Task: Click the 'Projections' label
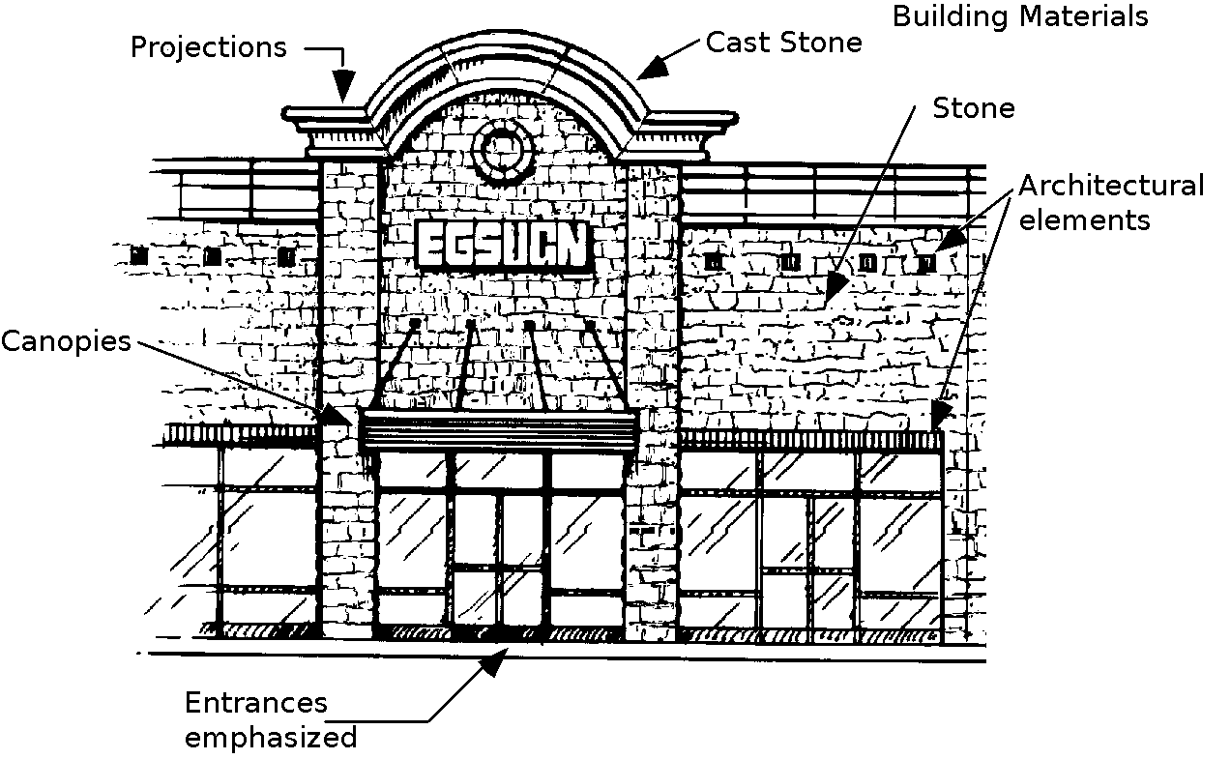point(209,47)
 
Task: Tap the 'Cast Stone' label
point(783,43)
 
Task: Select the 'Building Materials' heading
point(1020,16)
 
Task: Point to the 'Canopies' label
point(66,341)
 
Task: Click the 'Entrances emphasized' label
point(271,720)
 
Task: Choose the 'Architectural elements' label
point(1111,202)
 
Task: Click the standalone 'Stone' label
point(974,108)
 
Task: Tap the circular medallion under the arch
point(504,150)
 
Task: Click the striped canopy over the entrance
point(499,429)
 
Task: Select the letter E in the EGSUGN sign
point(430,247)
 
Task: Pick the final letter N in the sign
point(572,247)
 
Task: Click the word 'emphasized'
point(271,738)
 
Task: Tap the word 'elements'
point(1085,220)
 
